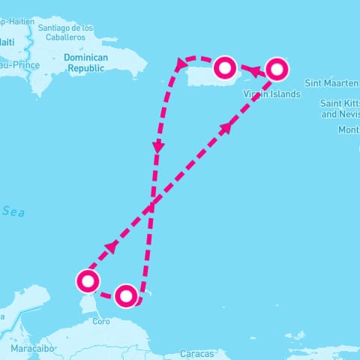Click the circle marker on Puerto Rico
[226, 68]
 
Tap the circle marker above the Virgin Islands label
[277, 70]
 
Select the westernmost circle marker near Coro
[88, 281]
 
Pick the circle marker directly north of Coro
[126, 295]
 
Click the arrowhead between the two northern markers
[253, 71]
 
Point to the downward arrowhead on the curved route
[157, 148]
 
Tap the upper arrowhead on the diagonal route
[226, 127]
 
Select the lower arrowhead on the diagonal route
[112, 247]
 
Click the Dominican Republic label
[86, 62]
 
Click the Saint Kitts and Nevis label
[340, 109]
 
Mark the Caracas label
[197, 352]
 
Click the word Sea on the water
[13, 212]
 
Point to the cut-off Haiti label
[7, 42]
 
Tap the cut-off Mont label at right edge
[349, 130]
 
